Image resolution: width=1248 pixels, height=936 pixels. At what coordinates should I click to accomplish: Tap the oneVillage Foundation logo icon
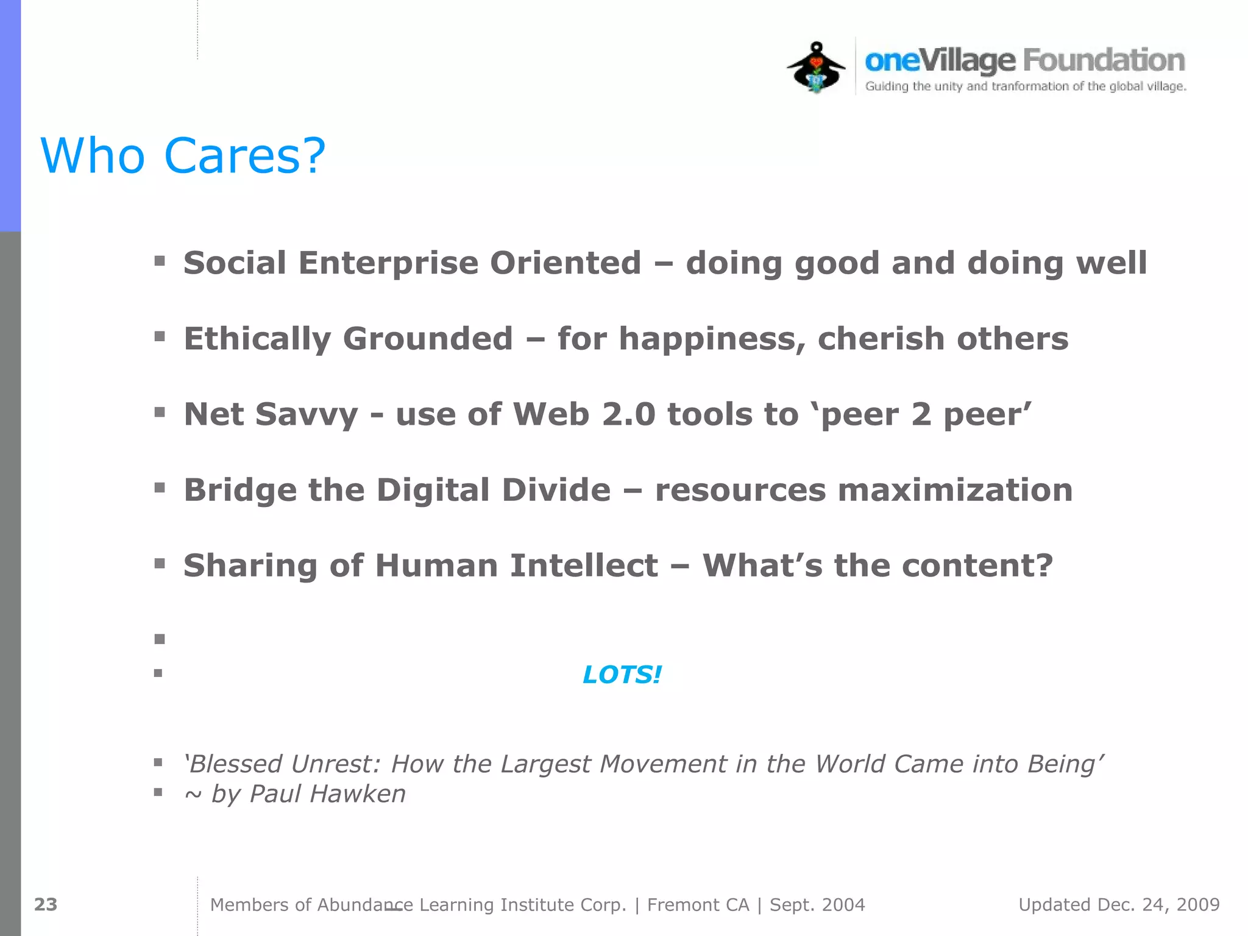(x=817, y=67)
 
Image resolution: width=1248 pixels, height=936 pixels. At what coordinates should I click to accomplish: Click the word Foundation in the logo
(x=1104, y=60)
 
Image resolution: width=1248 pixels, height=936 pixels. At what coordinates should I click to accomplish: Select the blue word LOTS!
(x=622, y=675)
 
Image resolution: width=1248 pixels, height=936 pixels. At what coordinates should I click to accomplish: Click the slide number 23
(x=46, y=904)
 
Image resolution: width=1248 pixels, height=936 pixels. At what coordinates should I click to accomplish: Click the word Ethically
(x=257, y=339)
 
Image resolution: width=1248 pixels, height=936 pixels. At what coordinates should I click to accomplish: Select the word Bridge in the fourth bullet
(x=240, y=491)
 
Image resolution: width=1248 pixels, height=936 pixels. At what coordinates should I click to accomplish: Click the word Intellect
(x=584, y=565)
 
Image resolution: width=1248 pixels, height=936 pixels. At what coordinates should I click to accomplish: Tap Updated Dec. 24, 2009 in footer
(x=1119, y=904)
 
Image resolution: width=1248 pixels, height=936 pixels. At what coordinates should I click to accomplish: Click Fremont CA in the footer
(x=698, y=905)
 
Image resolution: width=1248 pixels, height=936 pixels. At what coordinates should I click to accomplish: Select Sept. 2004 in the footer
(x=817, y=905)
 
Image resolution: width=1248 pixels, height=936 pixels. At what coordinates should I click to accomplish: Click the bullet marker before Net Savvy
(x=160, y=413)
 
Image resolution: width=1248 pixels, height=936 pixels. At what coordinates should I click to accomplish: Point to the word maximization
(x=955, y=491)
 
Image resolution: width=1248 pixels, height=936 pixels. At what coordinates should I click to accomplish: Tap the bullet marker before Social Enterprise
(x=160, y=261)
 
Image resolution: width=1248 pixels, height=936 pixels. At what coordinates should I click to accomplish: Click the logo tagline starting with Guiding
(x=1025, y=87)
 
